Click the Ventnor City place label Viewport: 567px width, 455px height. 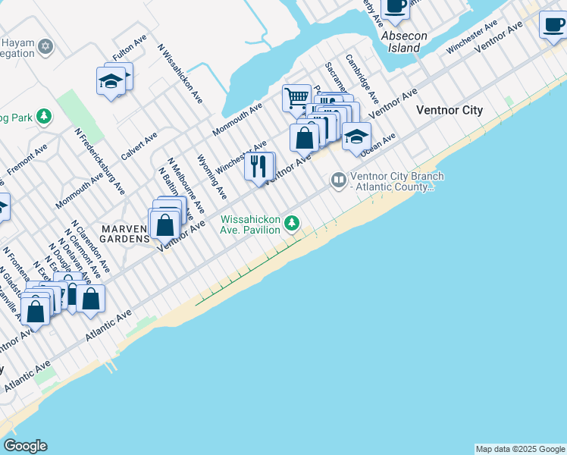click(449, 110)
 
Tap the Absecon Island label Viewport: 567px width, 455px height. click(404, 42)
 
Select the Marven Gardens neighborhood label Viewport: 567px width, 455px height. click(125, 234)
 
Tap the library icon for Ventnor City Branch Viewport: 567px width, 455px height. click(338, 180)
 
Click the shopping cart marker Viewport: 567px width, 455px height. click(296, 97)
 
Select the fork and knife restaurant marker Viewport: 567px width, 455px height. click(258, 166)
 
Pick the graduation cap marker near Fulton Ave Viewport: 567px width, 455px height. click(111, 80)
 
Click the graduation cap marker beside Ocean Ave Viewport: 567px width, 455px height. click(356, 136)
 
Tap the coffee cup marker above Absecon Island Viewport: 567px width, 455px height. click(394, 5)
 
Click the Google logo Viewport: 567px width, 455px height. click(25, 446)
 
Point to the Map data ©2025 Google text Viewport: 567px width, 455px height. click(520, 449)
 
